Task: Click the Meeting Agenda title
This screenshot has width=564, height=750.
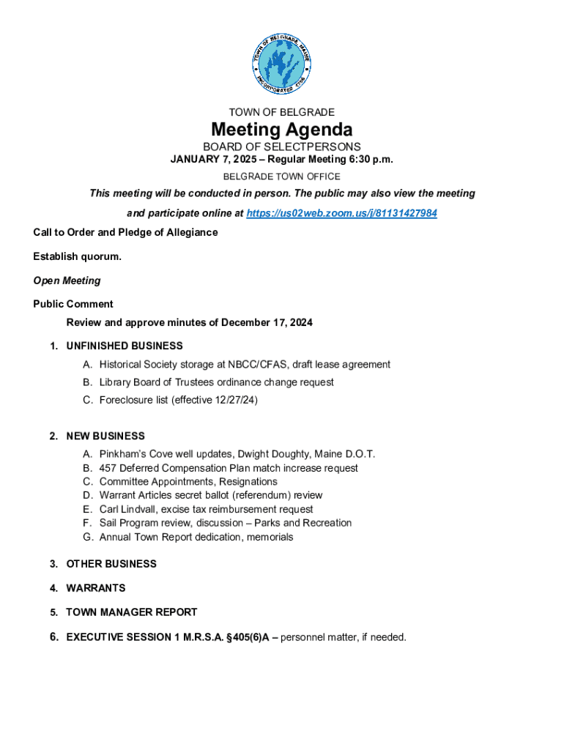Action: click(x=282, y=130)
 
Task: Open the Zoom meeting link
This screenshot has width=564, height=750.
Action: click(x=342, y=213)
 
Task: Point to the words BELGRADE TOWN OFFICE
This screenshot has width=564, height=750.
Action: click(x=282, y=177)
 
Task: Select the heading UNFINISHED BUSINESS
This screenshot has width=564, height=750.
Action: click(x=125, y=346)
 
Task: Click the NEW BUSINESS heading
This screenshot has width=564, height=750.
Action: click(x=105, y=436)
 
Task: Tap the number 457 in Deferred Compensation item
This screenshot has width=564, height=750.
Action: click(x=108, y=468)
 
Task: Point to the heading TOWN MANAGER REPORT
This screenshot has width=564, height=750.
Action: click(x=132, y=612)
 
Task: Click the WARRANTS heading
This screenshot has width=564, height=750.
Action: click(x=96, y=588)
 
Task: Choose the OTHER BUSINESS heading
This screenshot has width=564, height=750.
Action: click(x=111, y=564)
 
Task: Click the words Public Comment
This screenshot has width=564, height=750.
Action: click(x=73, y=304)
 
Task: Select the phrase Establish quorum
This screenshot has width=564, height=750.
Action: click(x=78, y=256)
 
